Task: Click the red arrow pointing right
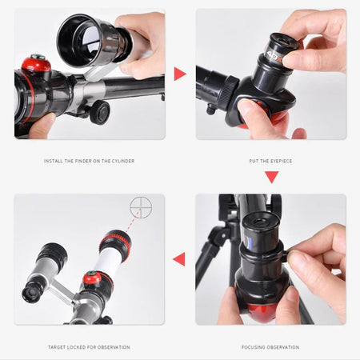click(180, 74)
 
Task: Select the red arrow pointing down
click(271, 176)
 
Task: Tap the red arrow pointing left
click(179, 258)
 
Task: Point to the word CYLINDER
click(121, 161)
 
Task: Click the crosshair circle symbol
click(141, 206)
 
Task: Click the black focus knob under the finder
click(99, 111)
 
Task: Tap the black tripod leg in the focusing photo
click(210, 256)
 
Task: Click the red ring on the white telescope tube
click(114, 238)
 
